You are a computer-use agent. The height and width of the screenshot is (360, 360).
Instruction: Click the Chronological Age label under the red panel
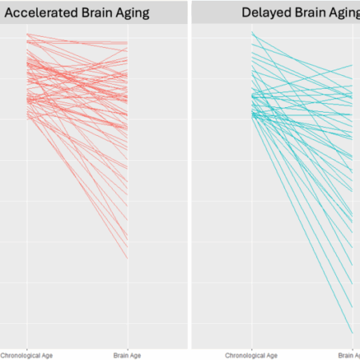pos(27,354)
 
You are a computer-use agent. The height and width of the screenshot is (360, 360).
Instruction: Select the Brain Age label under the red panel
pos(127,354)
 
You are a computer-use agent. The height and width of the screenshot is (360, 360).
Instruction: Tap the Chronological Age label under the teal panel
pos(251,354)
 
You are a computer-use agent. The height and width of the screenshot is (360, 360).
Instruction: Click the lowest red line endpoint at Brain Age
pos(127,258)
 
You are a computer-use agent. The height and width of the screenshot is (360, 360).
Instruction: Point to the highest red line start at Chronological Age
pos(27,34)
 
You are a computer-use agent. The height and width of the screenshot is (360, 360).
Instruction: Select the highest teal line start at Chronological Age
pos(252,33)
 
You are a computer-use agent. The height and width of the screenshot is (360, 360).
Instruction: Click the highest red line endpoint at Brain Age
pos(127,42)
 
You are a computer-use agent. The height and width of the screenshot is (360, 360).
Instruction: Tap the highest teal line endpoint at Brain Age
pos(352,65)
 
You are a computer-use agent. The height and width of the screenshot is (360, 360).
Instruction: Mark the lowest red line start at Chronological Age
pos(27,120)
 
